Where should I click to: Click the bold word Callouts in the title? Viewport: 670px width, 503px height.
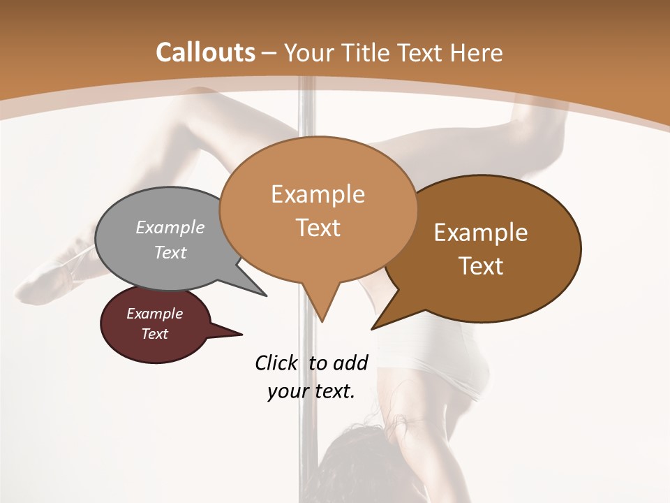tap(205, 52)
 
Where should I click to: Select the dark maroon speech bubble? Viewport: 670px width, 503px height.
tap(155, 324)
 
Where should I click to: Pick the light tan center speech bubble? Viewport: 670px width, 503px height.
tap(318, 210)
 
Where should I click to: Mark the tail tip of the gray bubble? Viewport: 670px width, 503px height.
tap(265, 295)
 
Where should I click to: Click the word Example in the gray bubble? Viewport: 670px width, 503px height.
tap(170, 228)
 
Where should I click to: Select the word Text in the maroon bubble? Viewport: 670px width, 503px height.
tap(155, 334)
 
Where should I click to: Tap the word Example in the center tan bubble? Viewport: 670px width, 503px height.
tap(318, 194)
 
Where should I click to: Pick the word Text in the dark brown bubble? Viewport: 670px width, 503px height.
tap(482, 266)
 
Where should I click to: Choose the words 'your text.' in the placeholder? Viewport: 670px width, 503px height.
tap(311, 391)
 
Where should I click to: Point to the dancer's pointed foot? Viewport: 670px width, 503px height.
tap(35, 286)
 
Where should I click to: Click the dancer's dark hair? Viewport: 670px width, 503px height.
tap(356, 461)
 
